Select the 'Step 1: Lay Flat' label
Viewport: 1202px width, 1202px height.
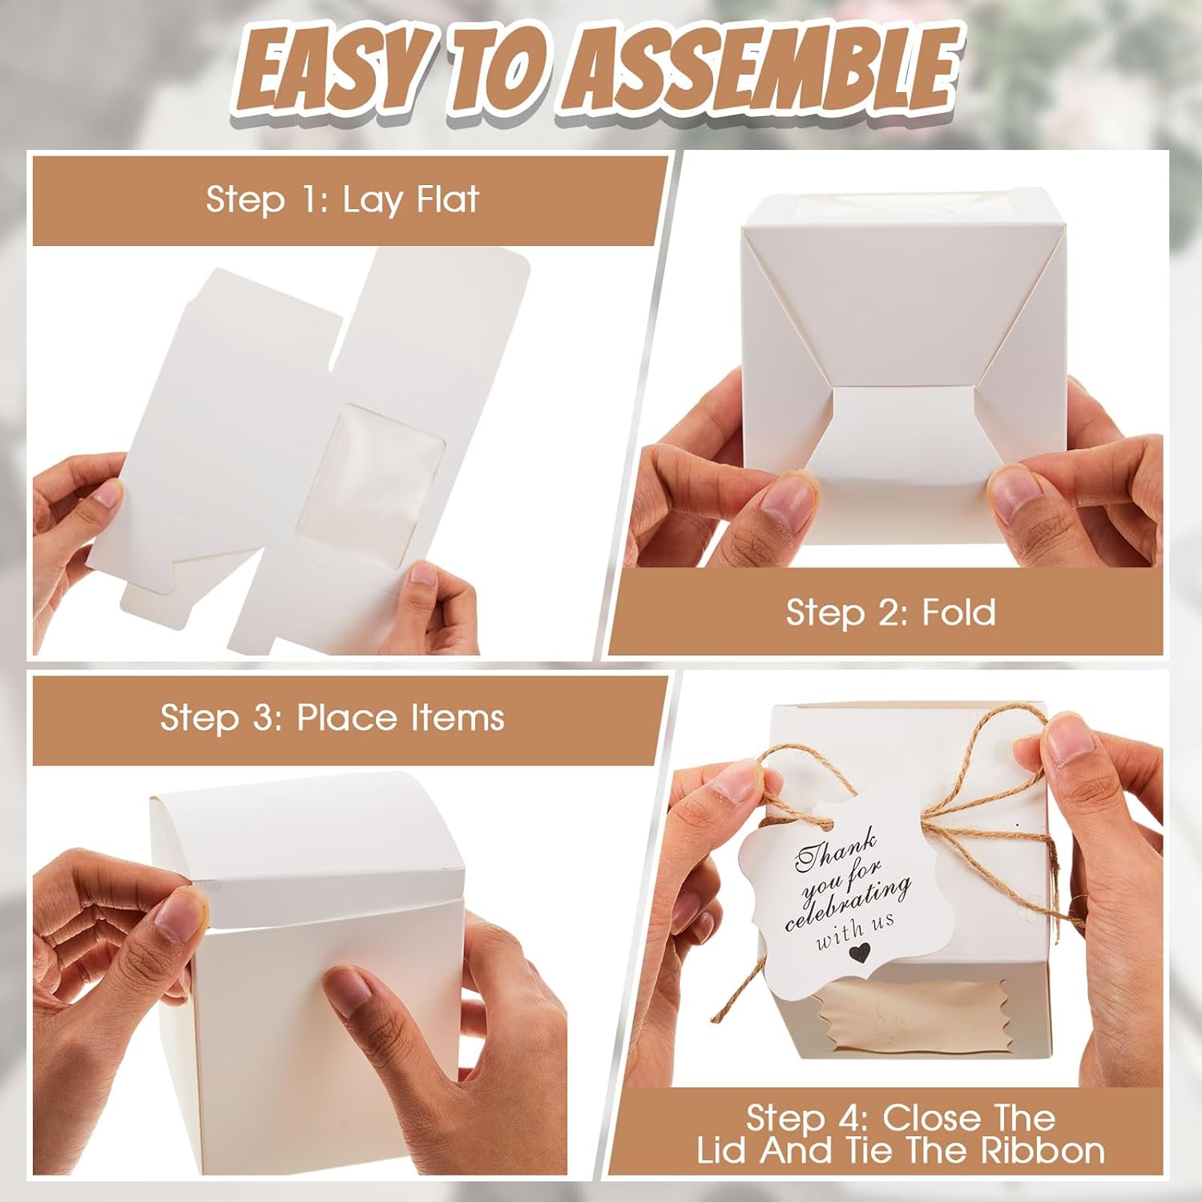(x=342, y=200)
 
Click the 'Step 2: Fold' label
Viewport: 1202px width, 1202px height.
(x=890, y=613)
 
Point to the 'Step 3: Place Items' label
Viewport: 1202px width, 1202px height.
(x=332, y=718)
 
